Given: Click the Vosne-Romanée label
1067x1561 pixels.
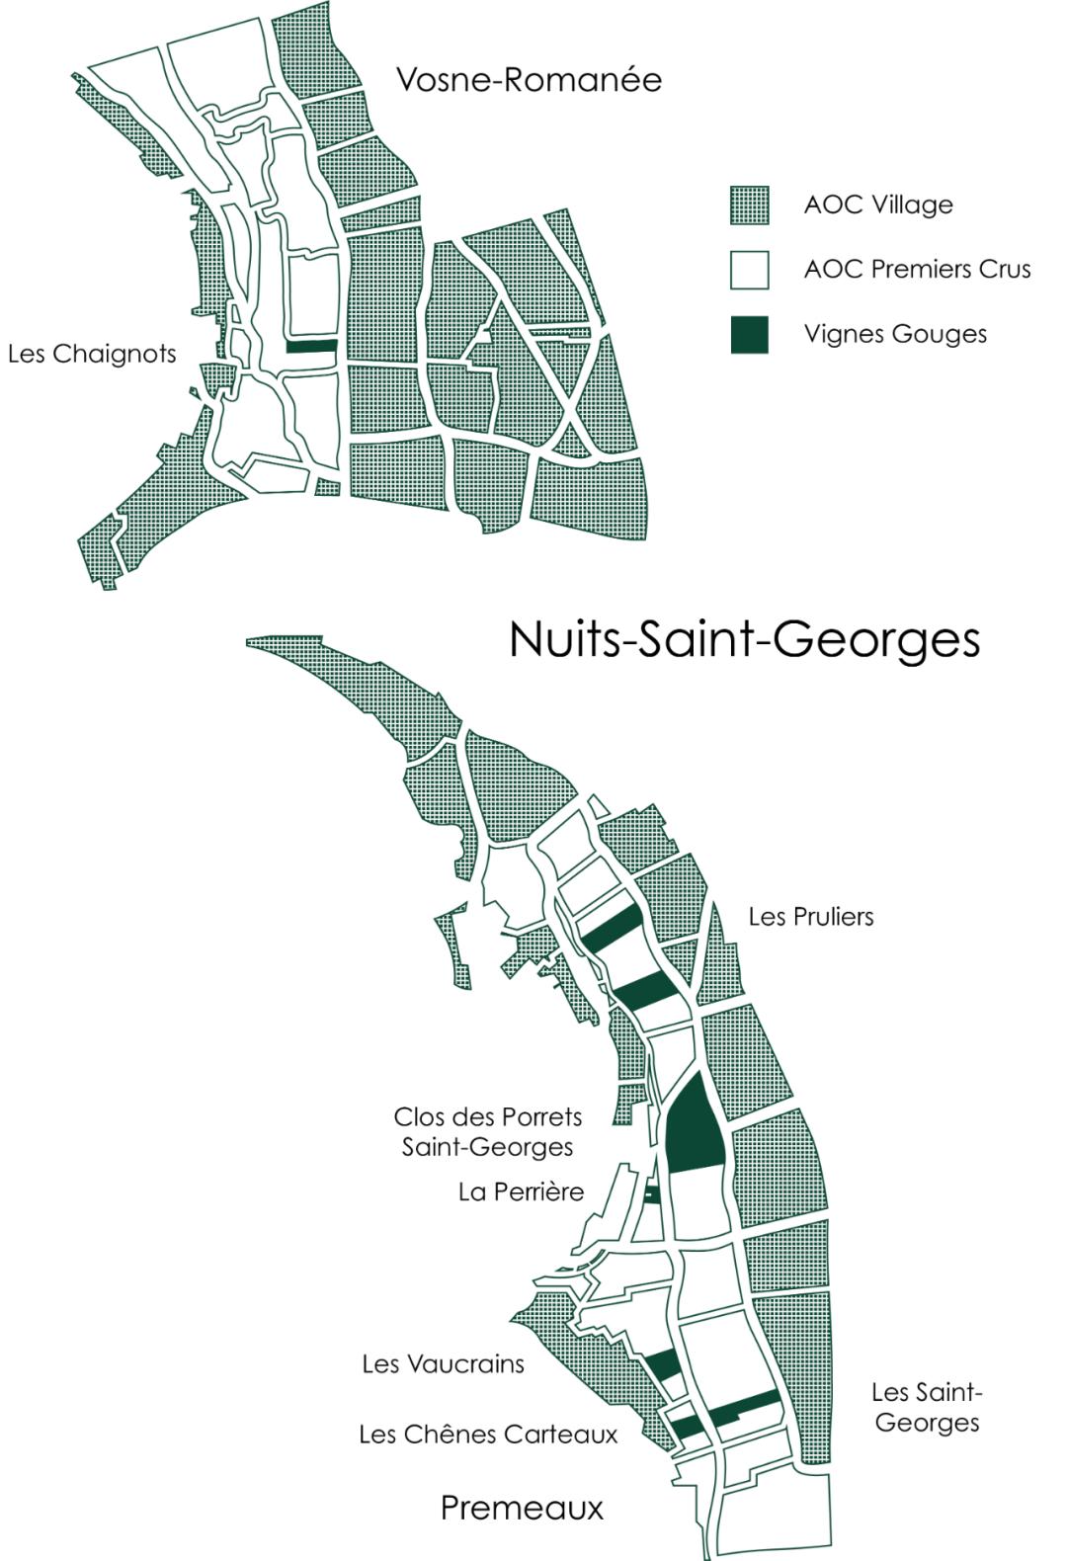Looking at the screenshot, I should click(529, 79).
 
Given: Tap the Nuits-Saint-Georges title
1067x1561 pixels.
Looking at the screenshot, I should click(744, 639).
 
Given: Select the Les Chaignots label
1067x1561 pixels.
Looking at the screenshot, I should click(92, 354).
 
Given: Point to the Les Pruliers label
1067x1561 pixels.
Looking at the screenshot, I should click(811, 917).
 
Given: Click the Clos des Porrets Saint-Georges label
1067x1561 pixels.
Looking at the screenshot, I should click(488, 1131).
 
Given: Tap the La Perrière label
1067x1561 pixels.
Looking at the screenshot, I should click(521, 1191).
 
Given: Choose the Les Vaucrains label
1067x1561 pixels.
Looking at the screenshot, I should click(443, 1364).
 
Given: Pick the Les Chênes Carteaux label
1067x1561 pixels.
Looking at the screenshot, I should click(488, 1434).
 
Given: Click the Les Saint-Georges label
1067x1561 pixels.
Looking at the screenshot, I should click(927, 1407).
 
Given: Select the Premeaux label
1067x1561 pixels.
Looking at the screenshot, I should click(522, 1508).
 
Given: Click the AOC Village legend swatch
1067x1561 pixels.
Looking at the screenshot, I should click(750, 205).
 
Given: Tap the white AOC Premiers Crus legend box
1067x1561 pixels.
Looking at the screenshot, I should click(750, 270).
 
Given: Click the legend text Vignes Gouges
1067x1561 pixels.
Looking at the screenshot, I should click(895, 334).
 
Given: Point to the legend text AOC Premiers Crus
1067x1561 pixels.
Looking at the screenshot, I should click(917, 270).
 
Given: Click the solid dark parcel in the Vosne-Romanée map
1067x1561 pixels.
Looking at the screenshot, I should click(312, 346).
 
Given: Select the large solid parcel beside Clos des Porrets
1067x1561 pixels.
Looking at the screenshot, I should click(696, 1126).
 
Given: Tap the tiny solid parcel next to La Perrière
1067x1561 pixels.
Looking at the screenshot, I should click(651, 1193).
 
